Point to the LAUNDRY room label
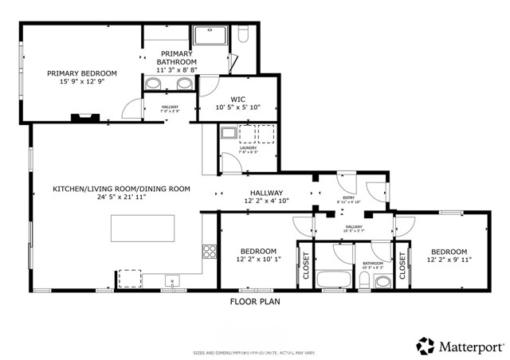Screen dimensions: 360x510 [x=248, y=148]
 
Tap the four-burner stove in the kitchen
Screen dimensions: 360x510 [x=210, y=252]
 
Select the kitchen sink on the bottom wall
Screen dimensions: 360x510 [x=171, y=280]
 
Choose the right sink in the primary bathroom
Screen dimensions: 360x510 [x=184, y=83]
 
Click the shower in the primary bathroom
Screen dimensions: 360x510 [x=210, y=37]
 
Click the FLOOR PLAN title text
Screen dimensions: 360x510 [x=255, y=302]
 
